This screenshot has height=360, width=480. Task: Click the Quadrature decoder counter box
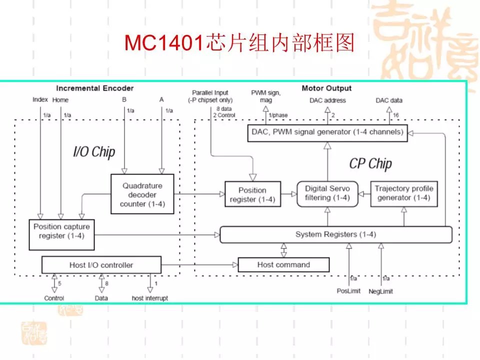[x=142, y=194]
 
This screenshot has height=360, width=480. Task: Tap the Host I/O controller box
[x=101, y=264]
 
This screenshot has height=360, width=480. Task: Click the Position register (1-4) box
[x=252, y=194]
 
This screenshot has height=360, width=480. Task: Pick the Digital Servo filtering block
[x=327, y=193]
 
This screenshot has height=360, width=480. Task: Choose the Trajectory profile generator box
[x=403, y=193]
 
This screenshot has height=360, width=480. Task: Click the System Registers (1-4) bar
[x=335, y=234]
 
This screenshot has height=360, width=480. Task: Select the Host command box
[x=283, y=264]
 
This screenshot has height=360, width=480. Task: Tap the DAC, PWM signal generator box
[x=328, y=132]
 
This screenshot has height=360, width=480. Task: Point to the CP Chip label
[x=370, y=163]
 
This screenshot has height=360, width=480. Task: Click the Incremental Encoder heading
[x=95, y=88]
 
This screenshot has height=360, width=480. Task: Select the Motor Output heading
[x=326, y=88]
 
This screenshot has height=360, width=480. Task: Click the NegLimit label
[x=380, y=291]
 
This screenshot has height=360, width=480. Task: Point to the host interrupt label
[x=150, y=298]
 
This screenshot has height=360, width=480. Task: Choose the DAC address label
[x=327, y=100]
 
